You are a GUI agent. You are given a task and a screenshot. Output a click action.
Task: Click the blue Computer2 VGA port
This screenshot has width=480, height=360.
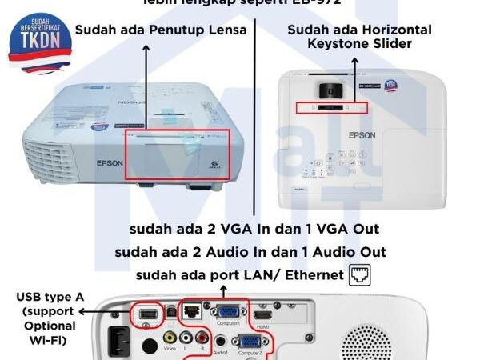tap(248, 343)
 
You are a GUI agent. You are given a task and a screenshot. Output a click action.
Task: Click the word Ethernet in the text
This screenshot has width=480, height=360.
tap(309, 277)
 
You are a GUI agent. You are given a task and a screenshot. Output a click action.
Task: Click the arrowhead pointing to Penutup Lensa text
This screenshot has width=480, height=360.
tap(146, 50)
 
